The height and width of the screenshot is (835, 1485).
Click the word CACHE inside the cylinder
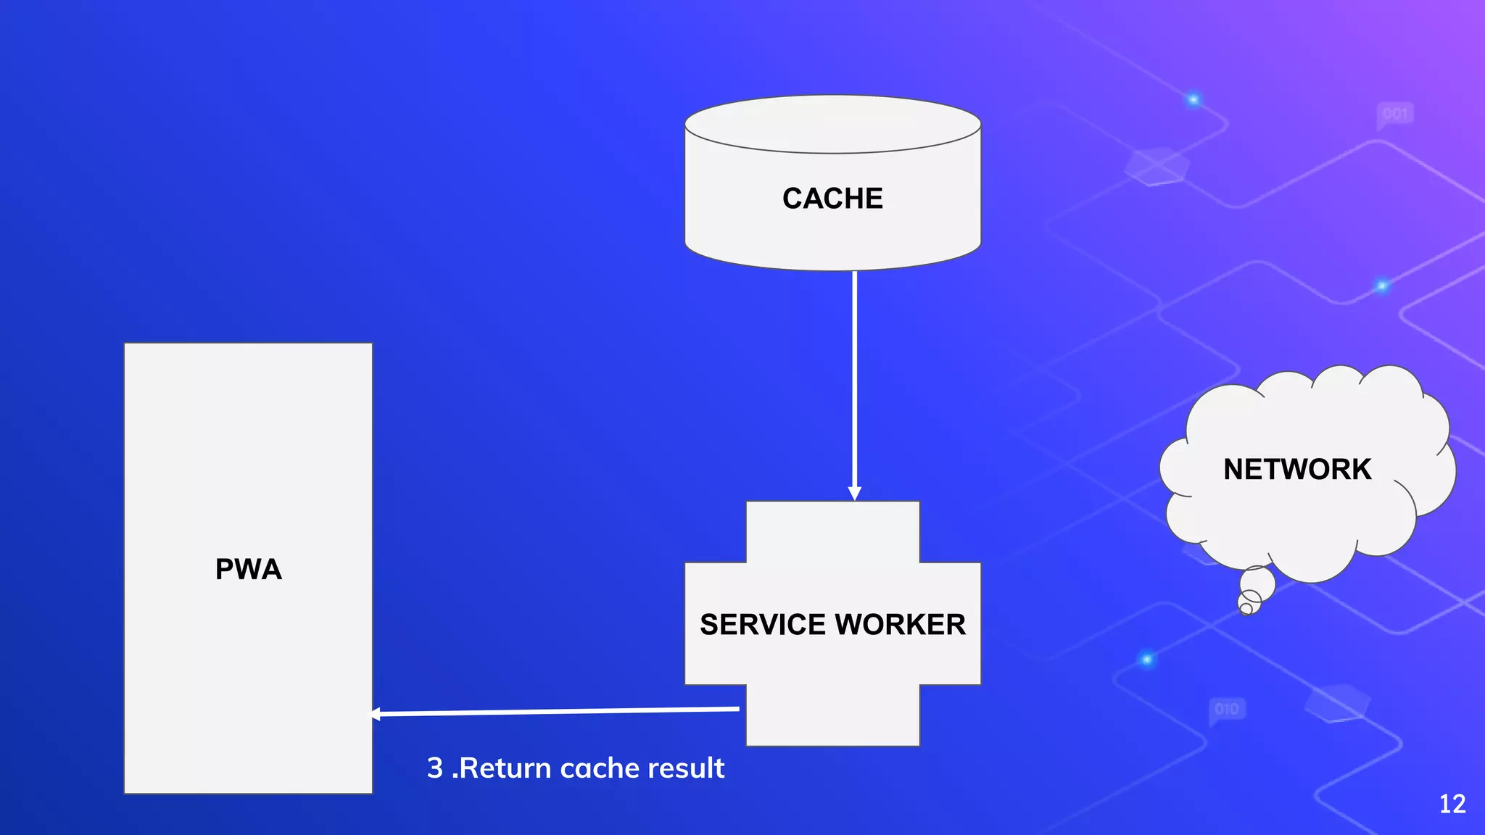(x=832, y=199)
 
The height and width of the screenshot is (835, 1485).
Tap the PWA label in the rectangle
(x=248, y=569)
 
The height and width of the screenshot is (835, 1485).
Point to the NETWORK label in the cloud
(x=1297, y=470)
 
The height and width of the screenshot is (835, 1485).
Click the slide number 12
(x=1452, y=804)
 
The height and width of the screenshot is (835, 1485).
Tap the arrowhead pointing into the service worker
(x=855, y=494)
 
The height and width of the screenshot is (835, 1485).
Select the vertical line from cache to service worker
(x=855, y=377)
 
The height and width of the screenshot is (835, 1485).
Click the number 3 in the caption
(x=435, y=768)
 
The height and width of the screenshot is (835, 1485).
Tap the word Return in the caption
(x=505, y=768)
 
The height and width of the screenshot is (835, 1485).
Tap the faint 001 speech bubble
(x=1395, y=115)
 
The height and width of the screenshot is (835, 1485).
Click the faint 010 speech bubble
(x=1227, y=709)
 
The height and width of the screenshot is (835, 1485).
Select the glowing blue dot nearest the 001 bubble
(x=1193, y=99)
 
